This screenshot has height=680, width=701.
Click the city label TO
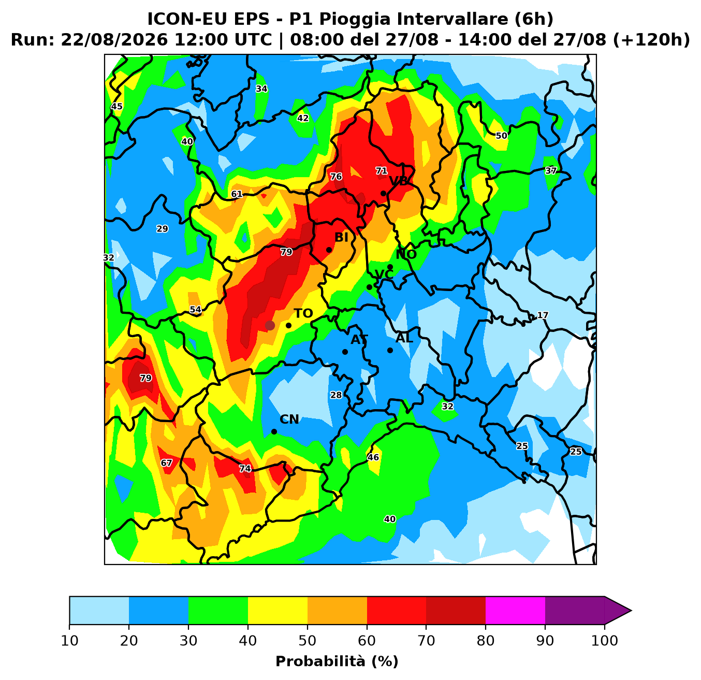303,313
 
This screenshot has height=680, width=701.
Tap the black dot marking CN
274,431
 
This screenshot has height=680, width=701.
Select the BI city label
341,238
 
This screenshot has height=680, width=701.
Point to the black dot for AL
390,350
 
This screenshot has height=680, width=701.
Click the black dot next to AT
345,352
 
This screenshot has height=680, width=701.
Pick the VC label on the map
384,275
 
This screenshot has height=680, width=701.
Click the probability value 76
335,177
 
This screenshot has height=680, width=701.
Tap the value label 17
543,315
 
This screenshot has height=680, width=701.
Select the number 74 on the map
245,468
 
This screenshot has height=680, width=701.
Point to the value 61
237,194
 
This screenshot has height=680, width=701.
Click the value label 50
502,136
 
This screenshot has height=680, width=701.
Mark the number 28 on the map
335,395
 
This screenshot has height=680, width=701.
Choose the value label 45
116,106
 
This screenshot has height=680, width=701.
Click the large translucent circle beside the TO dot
270,325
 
